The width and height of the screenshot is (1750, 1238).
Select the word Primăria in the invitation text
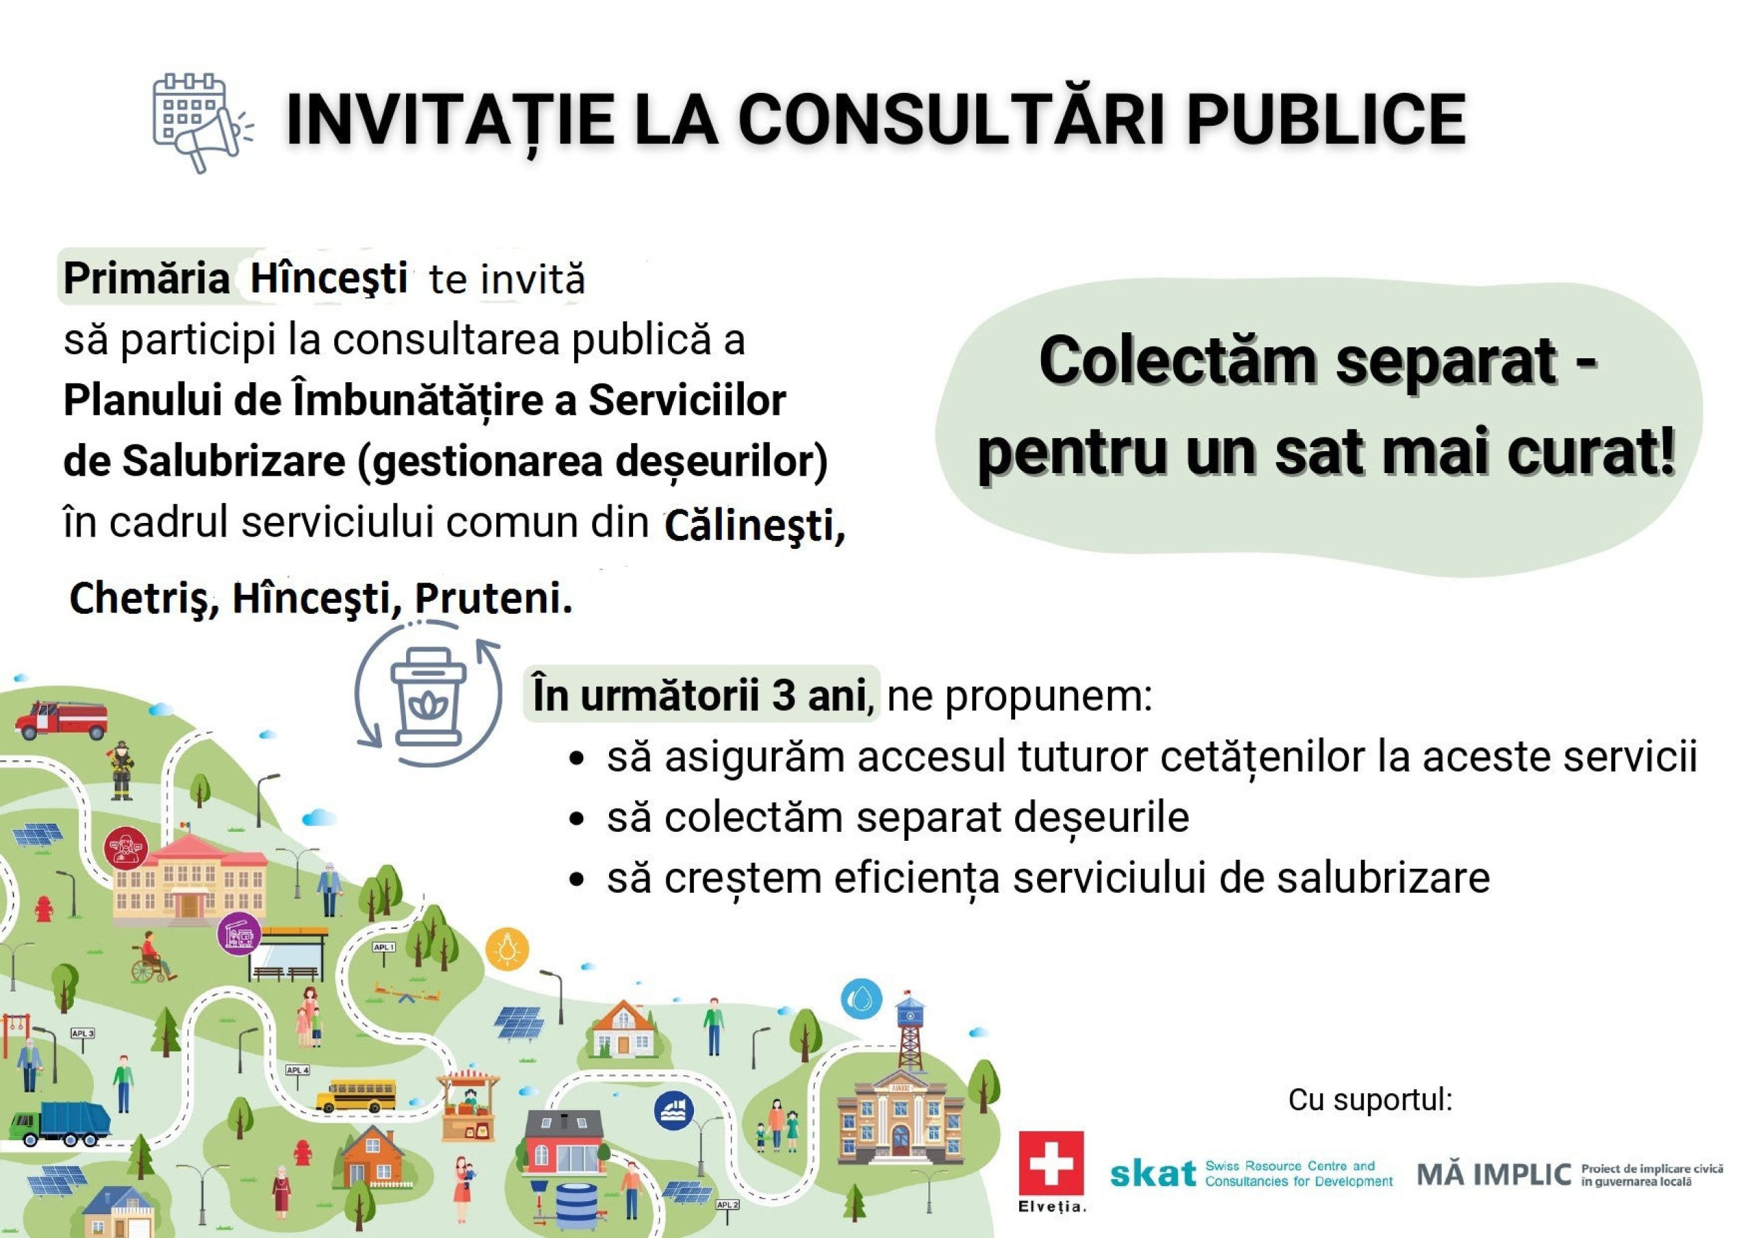(146, 278)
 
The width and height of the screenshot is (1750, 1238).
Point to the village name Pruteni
(493, 598)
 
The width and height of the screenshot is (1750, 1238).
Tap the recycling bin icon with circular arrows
(428, 695)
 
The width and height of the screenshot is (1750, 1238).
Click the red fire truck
(61, 719)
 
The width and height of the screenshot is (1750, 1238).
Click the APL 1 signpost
(384, 953)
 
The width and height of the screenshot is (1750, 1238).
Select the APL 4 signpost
(297, 1075)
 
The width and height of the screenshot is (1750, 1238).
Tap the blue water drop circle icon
(861, 998)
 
